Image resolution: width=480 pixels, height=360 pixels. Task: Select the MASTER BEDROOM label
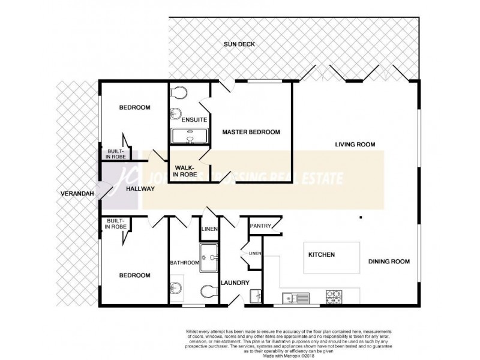click(x=251, y=132)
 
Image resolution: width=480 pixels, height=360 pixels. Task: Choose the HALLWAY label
click(x=140, y=189)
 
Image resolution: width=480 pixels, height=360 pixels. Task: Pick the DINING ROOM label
click(x=389, y=261)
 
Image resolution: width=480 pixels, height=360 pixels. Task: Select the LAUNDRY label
click(x=234, y=283)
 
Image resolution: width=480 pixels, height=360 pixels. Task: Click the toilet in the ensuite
click(x=178, y=92)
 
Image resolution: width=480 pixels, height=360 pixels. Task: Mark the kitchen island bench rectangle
click(x=332, y=256)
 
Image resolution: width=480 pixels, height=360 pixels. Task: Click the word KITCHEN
click(x=322, y=255)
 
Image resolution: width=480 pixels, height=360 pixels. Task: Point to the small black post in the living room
click(x=361, y=217)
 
